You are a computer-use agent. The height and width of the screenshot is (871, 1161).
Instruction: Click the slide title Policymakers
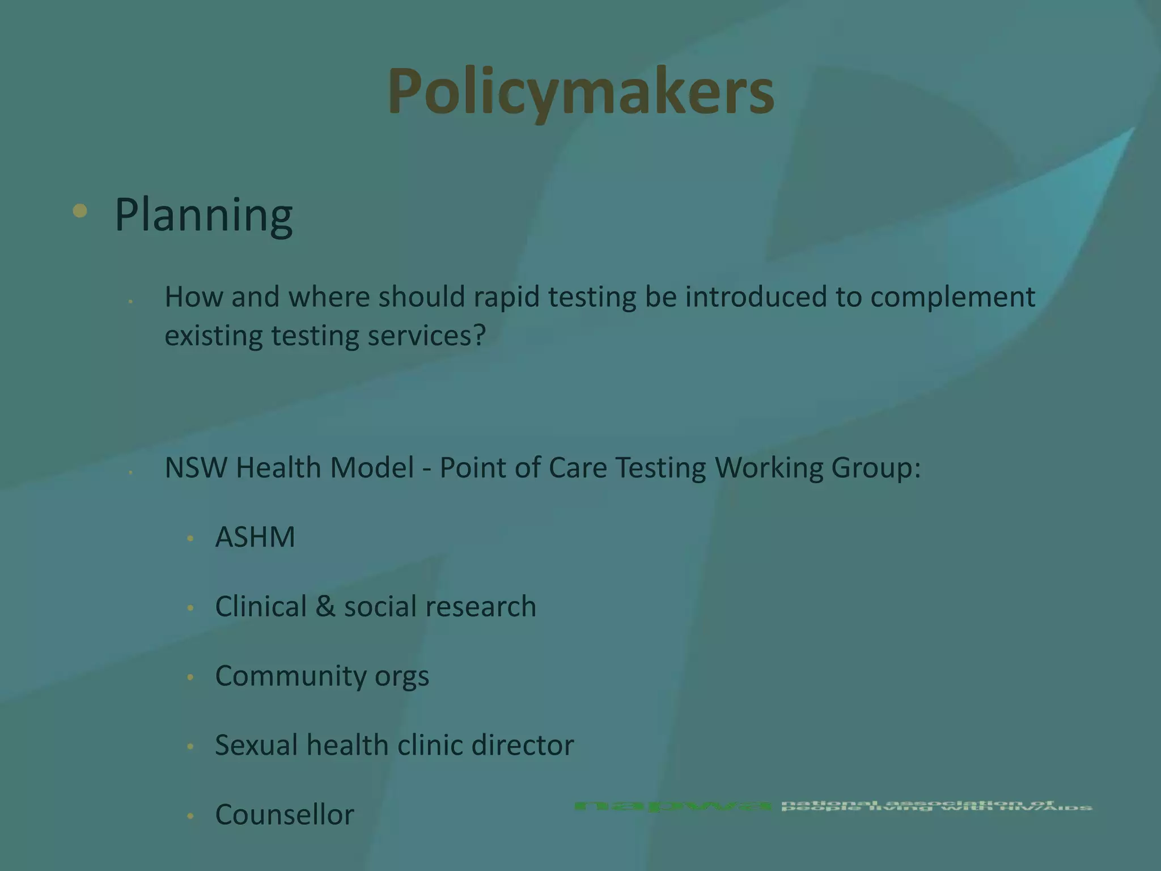click(x=580, y=91)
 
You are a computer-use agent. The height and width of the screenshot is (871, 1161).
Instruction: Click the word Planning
click(x=204, y=215)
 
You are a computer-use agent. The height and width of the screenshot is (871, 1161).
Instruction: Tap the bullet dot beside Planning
click(x=80, y=211)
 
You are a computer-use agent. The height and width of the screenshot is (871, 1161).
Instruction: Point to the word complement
click(x=952, y=297)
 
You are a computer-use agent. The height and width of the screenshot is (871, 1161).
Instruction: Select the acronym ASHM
click(x=255, y=536)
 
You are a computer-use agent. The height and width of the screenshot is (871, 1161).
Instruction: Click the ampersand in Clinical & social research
click(x=325, y=606)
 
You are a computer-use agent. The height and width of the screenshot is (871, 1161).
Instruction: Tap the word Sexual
click(x=256, y=745)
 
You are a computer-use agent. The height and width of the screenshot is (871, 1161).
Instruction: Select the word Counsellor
click(x=285, y=815)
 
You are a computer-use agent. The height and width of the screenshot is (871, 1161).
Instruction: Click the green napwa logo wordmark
click(x=672, y=806)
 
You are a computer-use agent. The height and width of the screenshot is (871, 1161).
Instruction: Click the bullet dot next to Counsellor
click(x=190, y=816)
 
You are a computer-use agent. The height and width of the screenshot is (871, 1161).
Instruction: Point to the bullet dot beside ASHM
click(x=190, y=538)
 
